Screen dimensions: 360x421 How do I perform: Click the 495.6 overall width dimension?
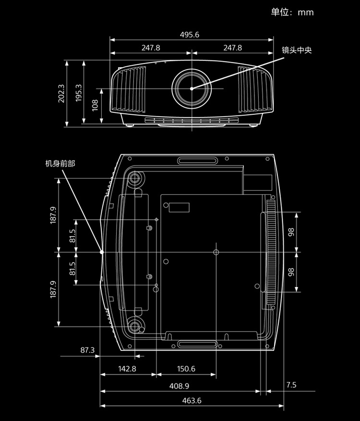point(190,35)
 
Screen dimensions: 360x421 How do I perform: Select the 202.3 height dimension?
point(61,94)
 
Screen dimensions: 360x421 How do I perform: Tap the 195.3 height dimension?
point(78,93)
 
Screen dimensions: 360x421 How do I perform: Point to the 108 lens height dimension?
point(95,105)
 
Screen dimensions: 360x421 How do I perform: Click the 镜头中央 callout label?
point(297,50)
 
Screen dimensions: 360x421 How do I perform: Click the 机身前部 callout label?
point(60,164)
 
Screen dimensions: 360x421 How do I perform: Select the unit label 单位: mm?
point(292,12)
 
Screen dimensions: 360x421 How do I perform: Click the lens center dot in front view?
point(192,89)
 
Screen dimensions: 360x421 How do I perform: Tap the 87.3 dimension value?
point(87,350)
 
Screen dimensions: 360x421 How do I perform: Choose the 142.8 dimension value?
point(127,369)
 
